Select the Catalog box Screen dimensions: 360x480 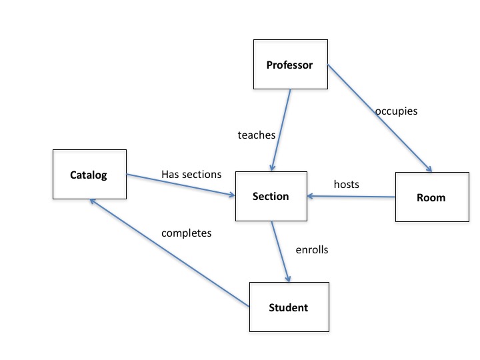click(89, 175)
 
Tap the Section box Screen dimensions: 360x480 click(271, 196)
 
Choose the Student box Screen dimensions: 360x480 click(288, 307)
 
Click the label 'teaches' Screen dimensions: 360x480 click(257, 135)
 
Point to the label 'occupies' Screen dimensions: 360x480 click(396, 111)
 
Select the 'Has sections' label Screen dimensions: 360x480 click(191, 175)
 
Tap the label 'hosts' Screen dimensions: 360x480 click(346, 184)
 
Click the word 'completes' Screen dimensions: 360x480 click(186, 233)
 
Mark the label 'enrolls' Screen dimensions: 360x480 click(312, 251)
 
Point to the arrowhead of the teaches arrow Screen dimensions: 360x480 click(272, 167)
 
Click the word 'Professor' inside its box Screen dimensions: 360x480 click(289, 65)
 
